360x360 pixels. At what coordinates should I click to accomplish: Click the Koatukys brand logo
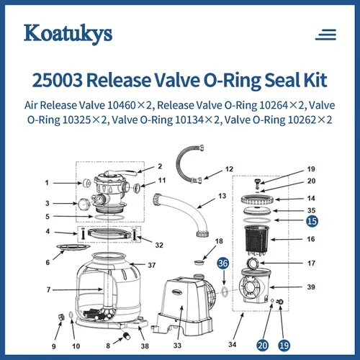click(68, 34)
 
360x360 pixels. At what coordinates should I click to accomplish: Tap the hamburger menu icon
click(325, 35)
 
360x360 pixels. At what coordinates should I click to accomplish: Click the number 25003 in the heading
click(57, 80)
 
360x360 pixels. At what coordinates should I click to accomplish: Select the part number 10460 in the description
click(122, 105)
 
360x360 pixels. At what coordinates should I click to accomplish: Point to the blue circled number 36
click(223, 264)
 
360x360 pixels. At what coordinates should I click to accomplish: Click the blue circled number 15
click(312, 221)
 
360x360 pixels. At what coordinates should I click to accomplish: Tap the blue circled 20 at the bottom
click(263, 346)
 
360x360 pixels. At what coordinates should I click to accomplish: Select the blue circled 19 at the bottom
click(284, 346)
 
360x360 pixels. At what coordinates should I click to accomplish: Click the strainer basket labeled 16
click(257, 239)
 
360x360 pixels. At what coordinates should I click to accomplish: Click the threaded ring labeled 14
click(257, 199)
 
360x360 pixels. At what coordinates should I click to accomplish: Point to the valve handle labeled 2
click(121, 173)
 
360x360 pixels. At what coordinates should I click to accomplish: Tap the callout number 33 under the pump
click(177, 346)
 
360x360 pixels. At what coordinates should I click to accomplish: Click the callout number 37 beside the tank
click(152, 265)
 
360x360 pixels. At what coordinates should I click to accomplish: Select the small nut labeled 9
click(61, 317)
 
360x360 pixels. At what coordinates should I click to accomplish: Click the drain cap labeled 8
click(127, 336)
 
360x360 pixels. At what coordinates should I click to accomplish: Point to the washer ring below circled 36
click(225, 292)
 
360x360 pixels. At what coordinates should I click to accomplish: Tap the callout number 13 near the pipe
click(222, 196)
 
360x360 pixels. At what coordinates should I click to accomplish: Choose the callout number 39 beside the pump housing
click(311, 287)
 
